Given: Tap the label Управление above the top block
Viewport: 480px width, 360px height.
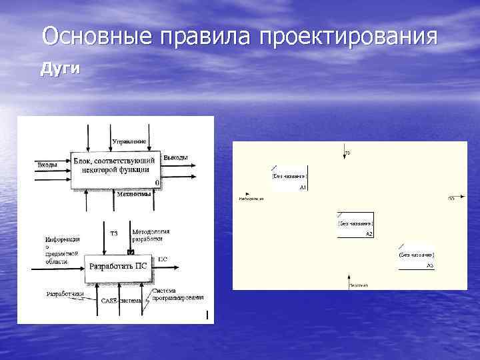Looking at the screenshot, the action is point(129,141).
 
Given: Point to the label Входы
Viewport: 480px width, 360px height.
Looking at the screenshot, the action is point(47,164).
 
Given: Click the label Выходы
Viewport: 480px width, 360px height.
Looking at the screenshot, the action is point(175,157).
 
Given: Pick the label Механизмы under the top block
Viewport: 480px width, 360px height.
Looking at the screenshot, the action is point(133,195).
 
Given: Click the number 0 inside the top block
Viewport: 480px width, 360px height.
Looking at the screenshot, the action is point(156,183).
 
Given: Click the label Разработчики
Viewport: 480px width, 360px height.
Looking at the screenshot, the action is point(65,293).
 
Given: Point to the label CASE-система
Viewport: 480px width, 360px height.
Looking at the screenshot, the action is point(121,301).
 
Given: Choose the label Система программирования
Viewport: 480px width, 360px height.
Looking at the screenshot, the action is point(177,294).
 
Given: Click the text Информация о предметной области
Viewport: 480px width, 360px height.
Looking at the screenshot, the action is point(63,250).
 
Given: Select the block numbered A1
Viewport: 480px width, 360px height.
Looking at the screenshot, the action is point(289,177).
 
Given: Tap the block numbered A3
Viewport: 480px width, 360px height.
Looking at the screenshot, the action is point(416,255).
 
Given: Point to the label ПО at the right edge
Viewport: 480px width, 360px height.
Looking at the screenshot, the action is point(451,198).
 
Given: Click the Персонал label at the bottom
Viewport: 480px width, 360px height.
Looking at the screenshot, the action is point(359,285).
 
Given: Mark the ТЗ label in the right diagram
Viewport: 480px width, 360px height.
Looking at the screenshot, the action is point(347,153).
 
